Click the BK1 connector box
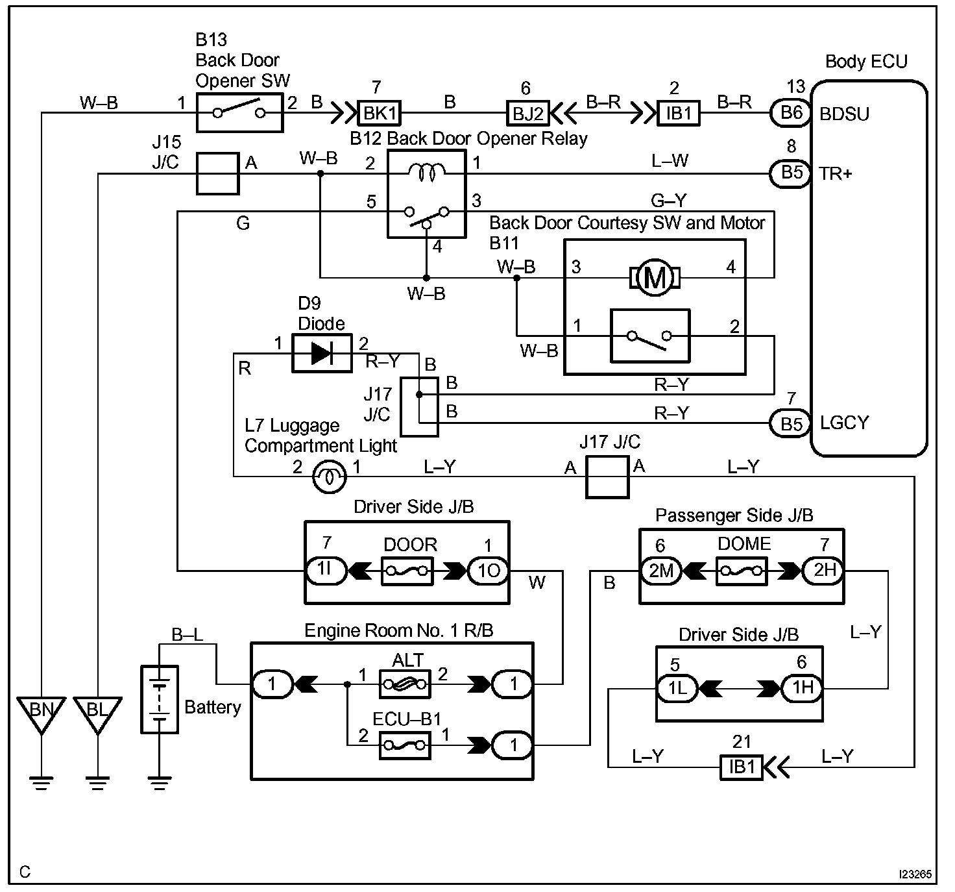click(x=379, y=113)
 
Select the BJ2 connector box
click(x=528, y=113)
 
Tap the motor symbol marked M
click(x=655, y=278)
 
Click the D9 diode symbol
click(x=322, y=353)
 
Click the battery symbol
click(x=159, y=699)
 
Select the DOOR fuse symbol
click(x=407, y=571)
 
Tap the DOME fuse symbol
click(x=742, y=571)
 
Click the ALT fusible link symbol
click(x=405, y=684)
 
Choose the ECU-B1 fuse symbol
click(x=405, y=746)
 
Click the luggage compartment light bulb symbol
click(x=330, y=477)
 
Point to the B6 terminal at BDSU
click(x=791, y=113)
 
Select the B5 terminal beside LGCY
click(x=791, y=424)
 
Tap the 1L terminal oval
click(x=677, y=688)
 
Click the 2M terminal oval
click(x=660, y=571)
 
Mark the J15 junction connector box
click(x=218, y=174)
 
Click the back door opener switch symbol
click(x=239, y=113)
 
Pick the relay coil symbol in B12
click(x=426, y=172)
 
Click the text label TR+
click(x=835, y=173)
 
